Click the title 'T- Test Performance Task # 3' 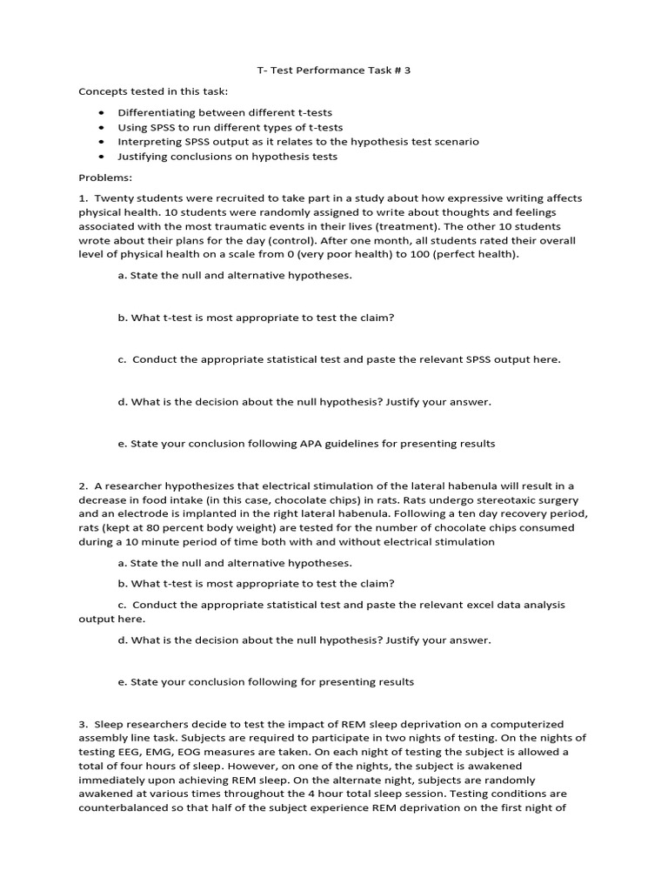tap(334, 70)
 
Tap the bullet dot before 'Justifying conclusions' tap(102, 157)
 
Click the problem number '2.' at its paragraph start tap(83, 486)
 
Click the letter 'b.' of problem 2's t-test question tap(122, 584)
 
